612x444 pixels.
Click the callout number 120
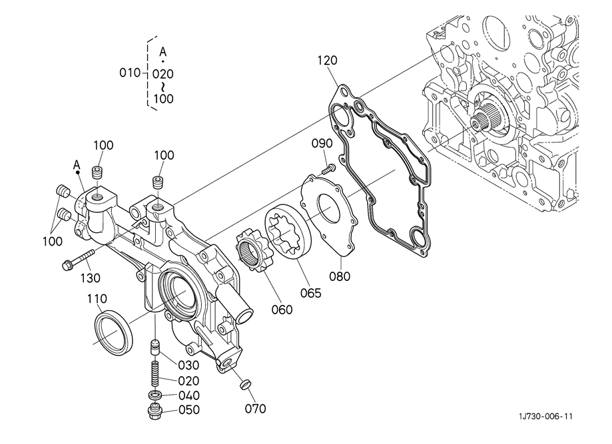(x=327, y=61)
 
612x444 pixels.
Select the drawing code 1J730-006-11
(x=545, y=416)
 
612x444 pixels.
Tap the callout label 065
(x=311, y=293)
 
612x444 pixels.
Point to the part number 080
(x=340, y=276)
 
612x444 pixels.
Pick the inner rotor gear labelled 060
(x=251, y=250)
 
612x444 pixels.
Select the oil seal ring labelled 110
(x=114, y=332)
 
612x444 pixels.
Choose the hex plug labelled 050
(x=155, y=411)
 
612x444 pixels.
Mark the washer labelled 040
(x=155, y=395)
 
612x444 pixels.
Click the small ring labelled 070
(x=244, y=384)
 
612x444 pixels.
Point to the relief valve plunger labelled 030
(x=156, y=347)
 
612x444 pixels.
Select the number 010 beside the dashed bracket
(x=130, y=73)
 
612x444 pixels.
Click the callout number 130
(x=91, y=278)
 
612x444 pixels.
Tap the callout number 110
(x=97, y=299)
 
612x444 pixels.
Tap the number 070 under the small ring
(x=255, y=409)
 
